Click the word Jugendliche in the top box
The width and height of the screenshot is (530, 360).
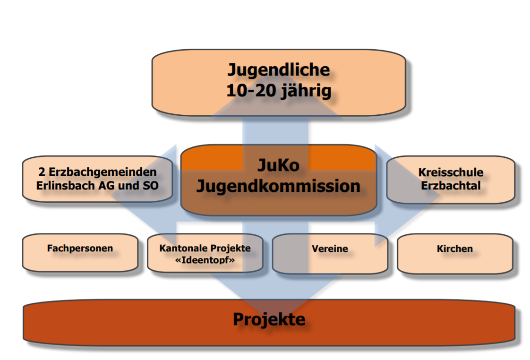tap(278, 70)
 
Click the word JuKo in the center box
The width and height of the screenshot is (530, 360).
tap(278, 164)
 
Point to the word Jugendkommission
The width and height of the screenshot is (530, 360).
tap(278, 186)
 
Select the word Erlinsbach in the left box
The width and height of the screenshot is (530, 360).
tap(61, 186)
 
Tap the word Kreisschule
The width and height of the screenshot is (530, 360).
tap(451, 173)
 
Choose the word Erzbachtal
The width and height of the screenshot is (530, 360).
tap(451, 186)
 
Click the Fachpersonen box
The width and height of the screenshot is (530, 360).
tap(80, 249)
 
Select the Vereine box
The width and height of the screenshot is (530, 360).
tap(330, 249)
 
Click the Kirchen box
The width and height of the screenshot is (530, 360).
tap(455, 249)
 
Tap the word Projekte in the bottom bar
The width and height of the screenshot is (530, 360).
tap(269, 320)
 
